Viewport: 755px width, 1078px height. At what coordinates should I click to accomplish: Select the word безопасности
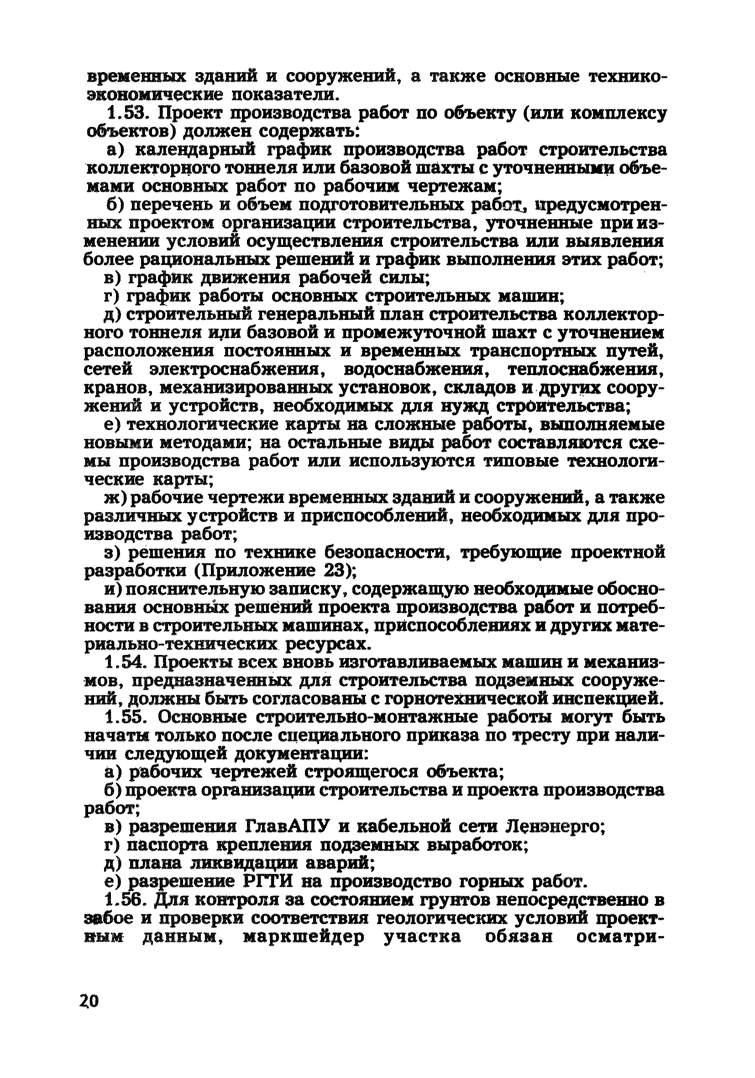(385, 553)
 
